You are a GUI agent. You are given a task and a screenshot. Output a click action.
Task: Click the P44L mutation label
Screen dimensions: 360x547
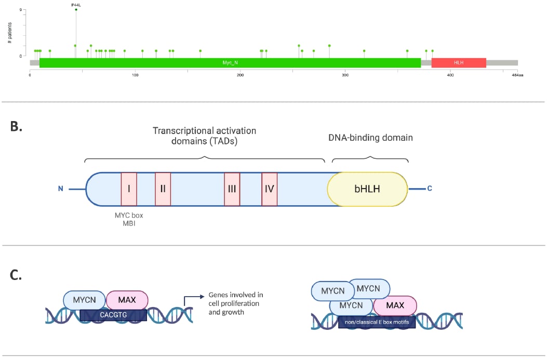[x=76, y=4]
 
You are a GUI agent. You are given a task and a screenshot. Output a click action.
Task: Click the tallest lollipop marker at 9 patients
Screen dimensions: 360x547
[x=76, y=9]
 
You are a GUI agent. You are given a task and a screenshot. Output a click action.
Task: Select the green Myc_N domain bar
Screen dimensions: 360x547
[x=230, y=62]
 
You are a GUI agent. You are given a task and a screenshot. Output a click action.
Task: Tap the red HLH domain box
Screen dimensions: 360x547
[x=458, y=62]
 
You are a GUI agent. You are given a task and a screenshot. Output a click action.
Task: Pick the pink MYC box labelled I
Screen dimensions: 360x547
[x=129, y=189]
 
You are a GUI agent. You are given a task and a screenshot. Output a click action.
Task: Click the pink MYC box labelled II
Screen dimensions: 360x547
[x=163, y=189]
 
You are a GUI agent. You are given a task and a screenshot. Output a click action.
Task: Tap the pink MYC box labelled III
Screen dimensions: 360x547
[x=232, y=189]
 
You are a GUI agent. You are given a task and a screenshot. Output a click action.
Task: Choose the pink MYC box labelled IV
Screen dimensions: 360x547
[x=269, y=189]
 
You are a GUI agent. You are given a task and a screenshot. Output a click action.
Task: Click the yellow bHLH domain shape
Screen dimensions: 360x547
[x=367, y=189]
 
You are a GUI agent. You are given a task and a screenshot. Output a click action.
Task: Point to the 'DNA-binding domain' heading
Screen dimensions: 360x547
[x=370, y=138]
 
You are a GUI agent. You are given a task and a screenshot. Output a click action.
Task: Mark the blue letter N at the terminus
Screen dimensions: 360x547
[x=61, y=189]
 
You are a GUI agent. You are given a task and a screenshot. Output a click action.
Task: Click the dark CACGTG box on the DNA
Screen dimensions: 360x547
[x=113, y=315]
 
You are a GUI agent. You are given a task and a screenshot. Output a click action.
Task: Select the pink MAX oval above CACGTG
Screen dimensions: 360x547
[x=127, y=300]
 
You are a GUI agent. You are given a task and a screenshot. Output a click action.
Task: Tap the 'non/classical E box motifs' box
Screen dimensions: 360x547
[x=377, y=322]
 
